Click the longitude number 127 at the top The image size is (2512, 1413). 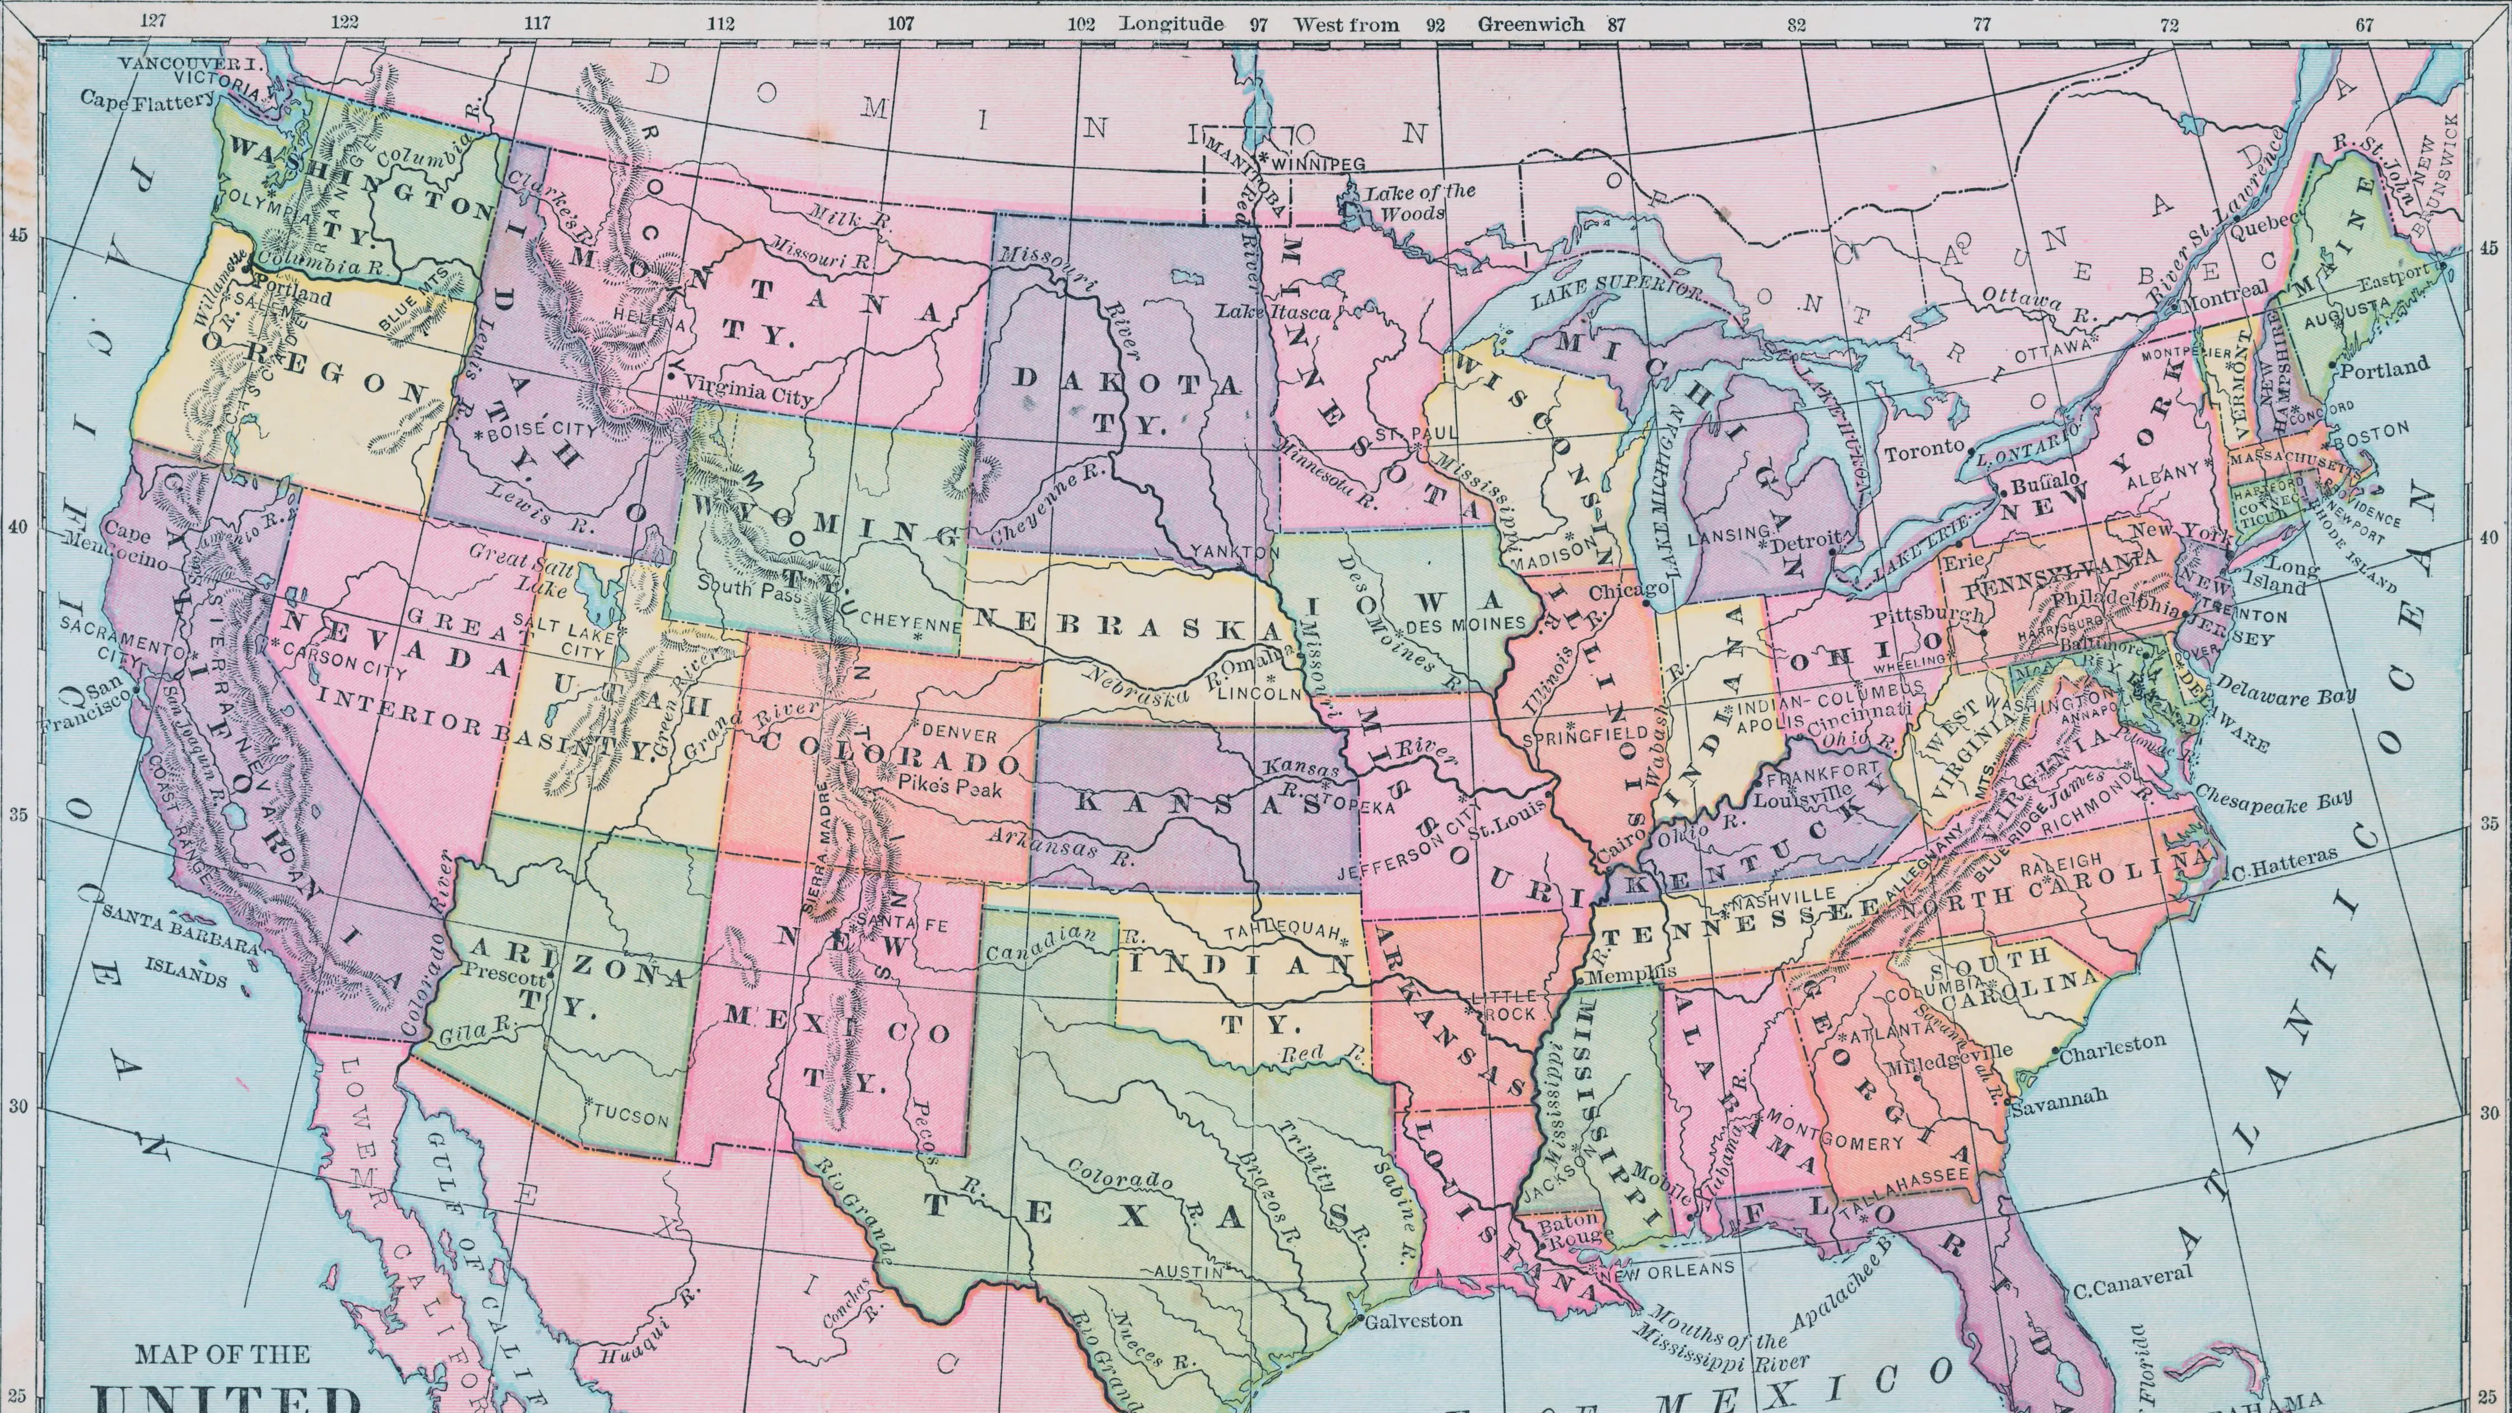click(x=152, y=21)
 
